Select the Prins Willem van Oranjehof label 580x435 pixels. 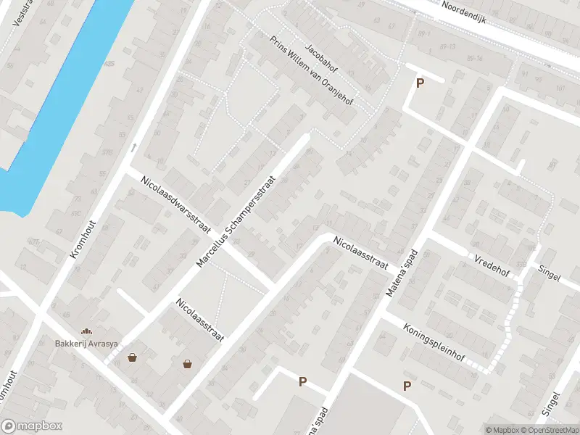tap(311, 71)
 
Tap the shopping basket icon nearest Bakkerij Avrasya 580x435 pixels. tap(133, 357)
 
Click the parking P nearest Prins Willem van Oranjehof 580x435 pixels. tap(419, 83)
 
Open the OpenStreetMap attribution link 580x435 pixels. tap(549, 430)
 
